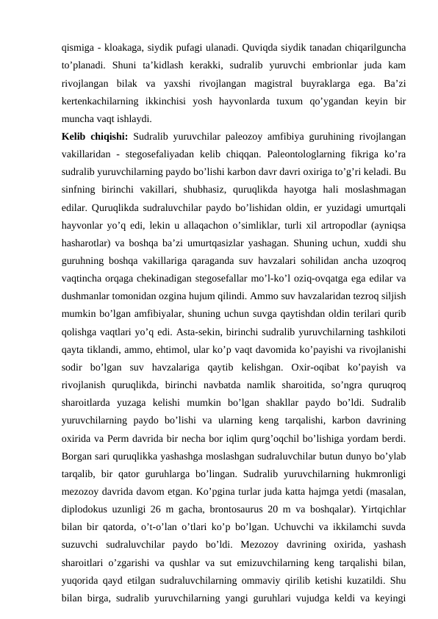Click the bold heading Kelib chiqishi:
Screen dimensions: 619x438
(93, 136)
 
